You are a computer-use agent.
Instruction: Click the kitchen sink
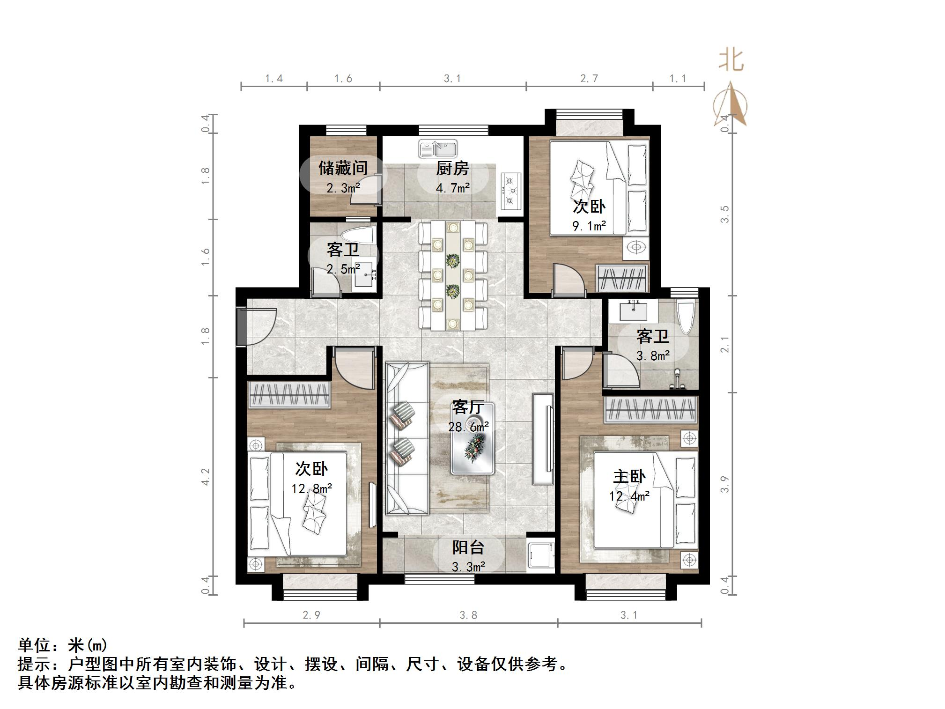[438, 149]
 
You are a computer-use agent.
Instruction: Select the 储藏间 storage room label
[343, 168]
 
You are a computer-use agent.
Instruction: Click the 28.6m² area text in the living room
[468, 427]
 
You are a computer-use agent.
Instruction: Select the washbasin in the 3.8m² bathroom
[634, 311]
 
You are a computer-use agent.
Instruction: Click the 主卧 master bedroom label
[629, 477]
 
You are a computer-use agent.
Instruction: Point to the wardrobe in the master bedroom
[650, 409]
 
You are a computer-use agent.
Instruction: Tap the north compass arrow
[730, 105]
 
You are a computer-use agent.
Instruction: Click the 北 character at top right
[731, 60]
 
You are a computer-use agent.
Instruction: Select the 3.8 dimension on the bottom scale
[468, 615]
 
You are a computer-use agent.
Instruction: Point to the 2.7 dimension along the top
[589, 79]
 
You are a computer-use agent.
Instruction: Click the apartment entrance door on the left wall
[242, 326]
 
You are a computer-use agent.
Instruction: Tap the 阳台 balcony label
[468, 547]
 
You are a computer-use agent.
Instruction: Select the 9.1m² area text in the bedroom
[589, 226]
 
